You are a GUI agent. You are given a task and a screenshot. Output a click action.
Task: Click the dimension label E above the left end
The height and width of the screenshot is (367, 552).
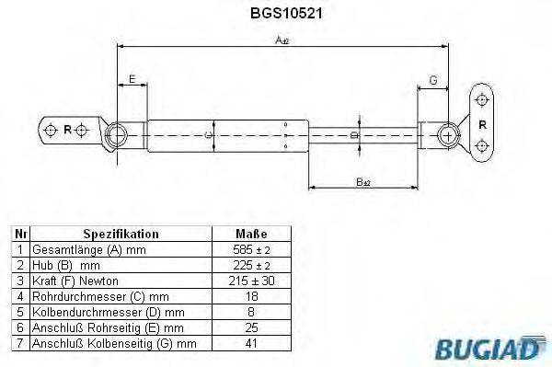point(132,80)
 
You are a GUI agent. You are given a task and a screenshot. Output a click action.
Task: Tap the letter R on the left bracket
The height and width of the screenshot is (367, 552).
point(66,130)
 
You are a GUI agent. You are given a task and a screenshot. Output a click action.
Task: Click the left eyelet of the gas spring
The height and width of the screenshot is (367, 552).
point(117,135)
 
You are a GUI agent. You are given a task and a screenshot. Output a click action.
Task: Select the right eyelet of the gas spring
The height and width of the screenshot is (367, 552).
point(449,134)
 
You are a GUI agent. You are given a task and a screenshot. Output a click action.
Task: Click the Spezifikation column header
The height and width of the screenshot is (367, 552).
point(121,235)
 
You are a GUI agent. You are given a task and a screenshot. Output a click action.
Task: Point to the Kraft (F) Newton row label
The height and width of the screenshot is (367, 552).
point(75,281)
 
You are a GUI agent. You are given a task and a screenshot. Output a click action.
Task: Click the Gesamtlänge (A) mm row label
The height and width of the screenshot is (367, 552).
point(88,250)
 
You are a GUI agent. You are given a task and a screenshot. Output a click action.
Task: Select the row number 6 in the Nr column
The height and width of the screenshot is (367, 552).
point(19,327)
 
